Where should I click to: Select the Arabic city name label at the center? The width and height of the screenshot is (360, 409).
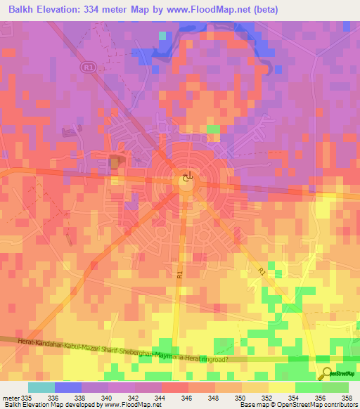[x=186, y=178]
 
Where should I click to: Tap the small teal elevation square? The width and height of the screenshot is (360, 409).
[x=162, y=35]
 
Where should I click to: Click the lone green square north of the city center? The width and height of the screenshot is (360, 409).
[x=212, y=129]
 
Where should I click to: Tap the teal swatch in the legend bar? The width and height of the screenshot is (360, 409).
[x=41, y=387]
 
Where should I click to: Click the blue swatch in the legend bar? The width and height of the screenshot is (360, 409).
[x=67, y=387]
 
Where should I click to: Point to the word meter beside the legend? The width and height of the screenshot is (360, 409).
[x=11, y=397]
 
